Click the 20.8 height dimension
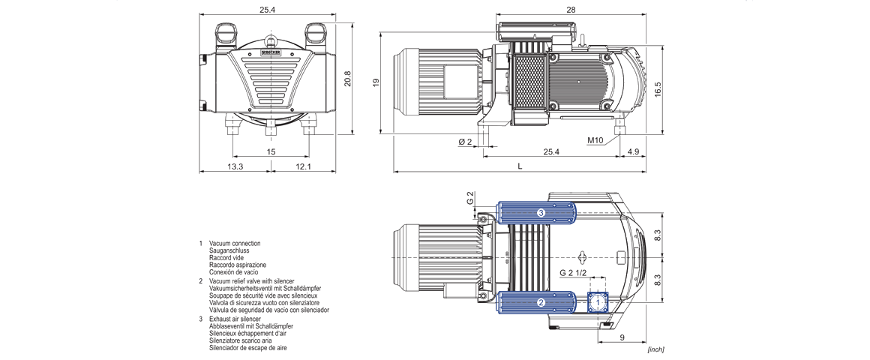coord(347,78)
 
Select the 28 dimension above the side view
coord(571,10)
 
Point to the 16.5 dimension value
coord(658,89)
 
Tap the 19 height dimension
coord(376,82)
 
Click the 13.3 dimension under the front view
coord(235,166)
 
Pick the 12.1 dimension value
coord(303,166)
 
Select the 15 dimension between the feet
coord(271,151)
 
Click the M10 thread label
coord(596,140)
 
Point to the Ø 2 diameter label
coord(465,141)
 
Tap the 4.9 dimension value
coord(632,152)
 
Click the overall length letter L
coord(519,166)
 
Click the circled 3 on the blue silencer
coord(540,213)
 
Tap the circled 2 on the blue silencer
coord(540,303)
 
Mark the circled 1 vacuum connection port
coord(598,302)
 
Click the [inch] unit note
coord(655,349)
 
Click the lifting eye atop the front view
coord(271,41)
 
